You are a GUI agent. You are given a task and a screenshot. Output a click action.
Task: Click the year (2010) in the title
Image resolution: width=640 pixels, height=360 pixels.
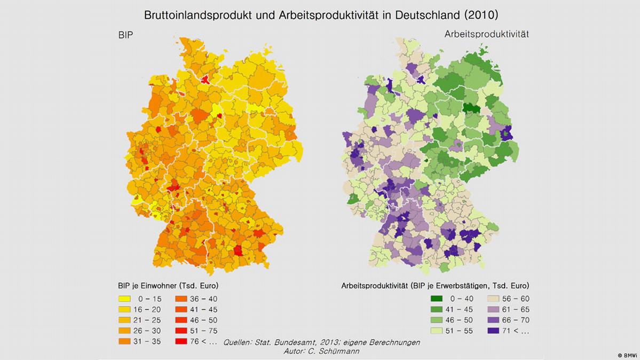[x=480, y=14]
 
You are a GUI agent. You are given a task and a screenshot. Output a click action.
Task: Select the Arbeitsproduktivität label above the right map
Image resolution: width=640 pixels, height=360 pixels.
[x=486, y=34]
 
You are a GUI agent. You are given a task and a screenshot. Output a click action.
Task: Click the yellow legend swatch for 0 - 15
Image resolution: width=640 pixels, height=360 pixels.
[x=126, y=299]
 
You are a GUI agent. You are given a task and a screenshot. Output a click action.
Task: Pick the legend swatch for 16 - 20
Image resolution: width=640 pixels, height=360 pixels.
[x=126, y=310]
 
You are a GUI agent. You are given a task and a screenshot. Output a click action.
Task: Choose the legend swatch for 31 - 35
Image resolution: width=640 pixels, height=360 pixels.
[x=126, y=341]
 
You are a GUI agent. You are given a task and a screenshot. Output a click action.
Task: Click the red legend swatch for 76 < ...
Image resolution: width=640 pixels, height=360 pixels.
[x=183, y=341]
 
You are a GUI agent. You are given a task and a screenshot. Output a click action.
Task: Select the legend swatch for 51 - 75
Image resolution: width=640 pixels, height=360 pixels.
[x=183, y=331]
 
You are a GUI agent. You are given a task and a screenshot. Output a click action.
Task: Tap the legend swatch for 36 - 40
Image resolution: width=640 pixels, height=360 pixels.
[x=183, y=299]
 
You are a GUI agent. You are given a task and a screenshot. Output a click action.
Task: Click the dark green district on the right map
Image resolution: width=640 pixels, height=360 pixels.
[x=470, y=107]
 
